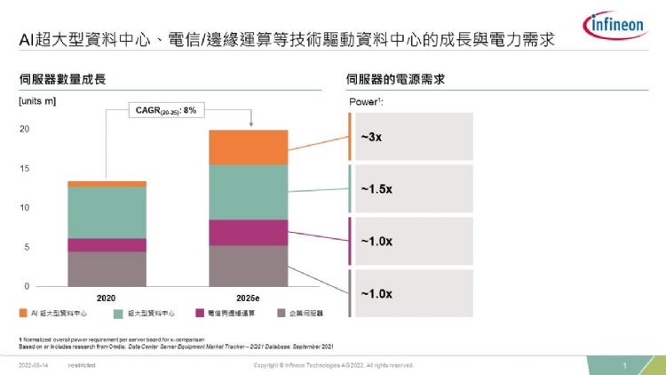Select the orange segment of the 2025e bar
(249, 148)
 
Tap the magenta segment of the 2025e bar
(249, 232)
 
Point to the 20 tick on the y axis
(25, 130)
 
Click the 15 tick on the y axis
(25, 169)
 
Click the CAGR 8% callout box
(165, 110)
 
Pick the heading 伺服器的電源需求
(395, 80)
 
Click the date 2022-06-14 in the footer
(34, 365)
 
